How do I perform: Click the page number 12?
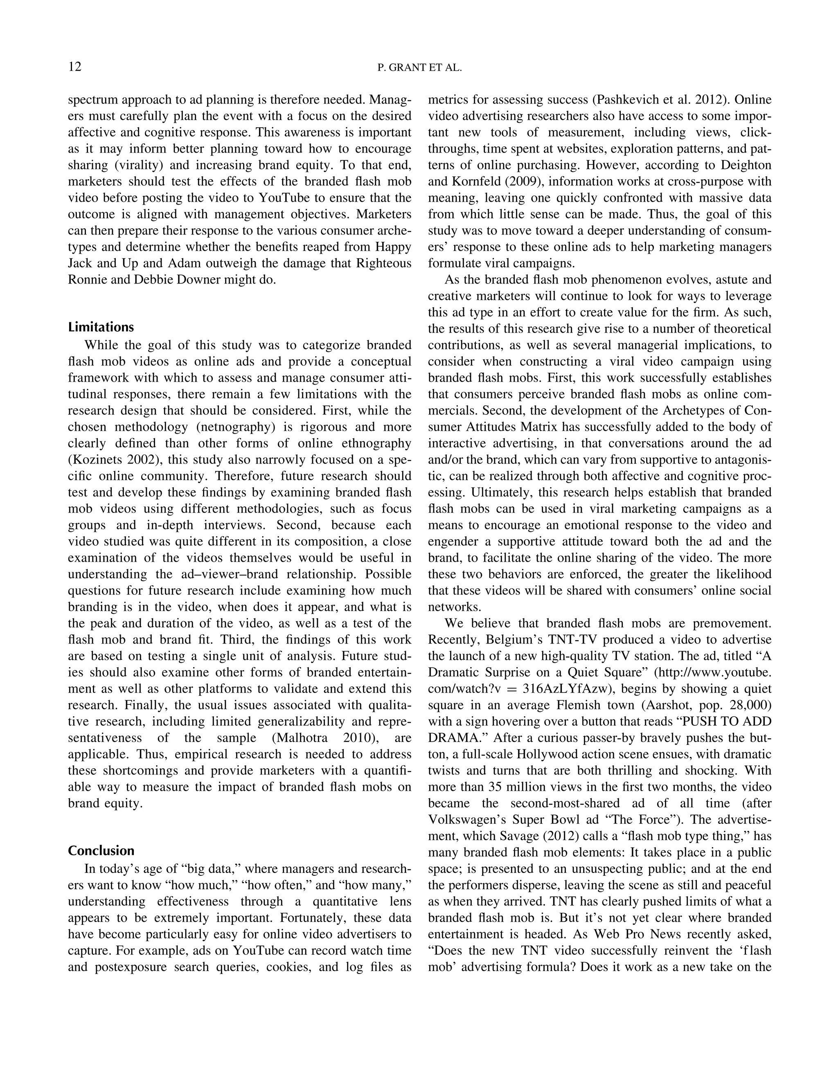[75, 67]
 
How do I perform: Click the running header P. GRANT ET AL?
[419, 68]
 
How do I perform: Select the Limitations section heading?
[101, 327]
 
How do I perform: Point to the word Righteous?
[384, 263]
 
